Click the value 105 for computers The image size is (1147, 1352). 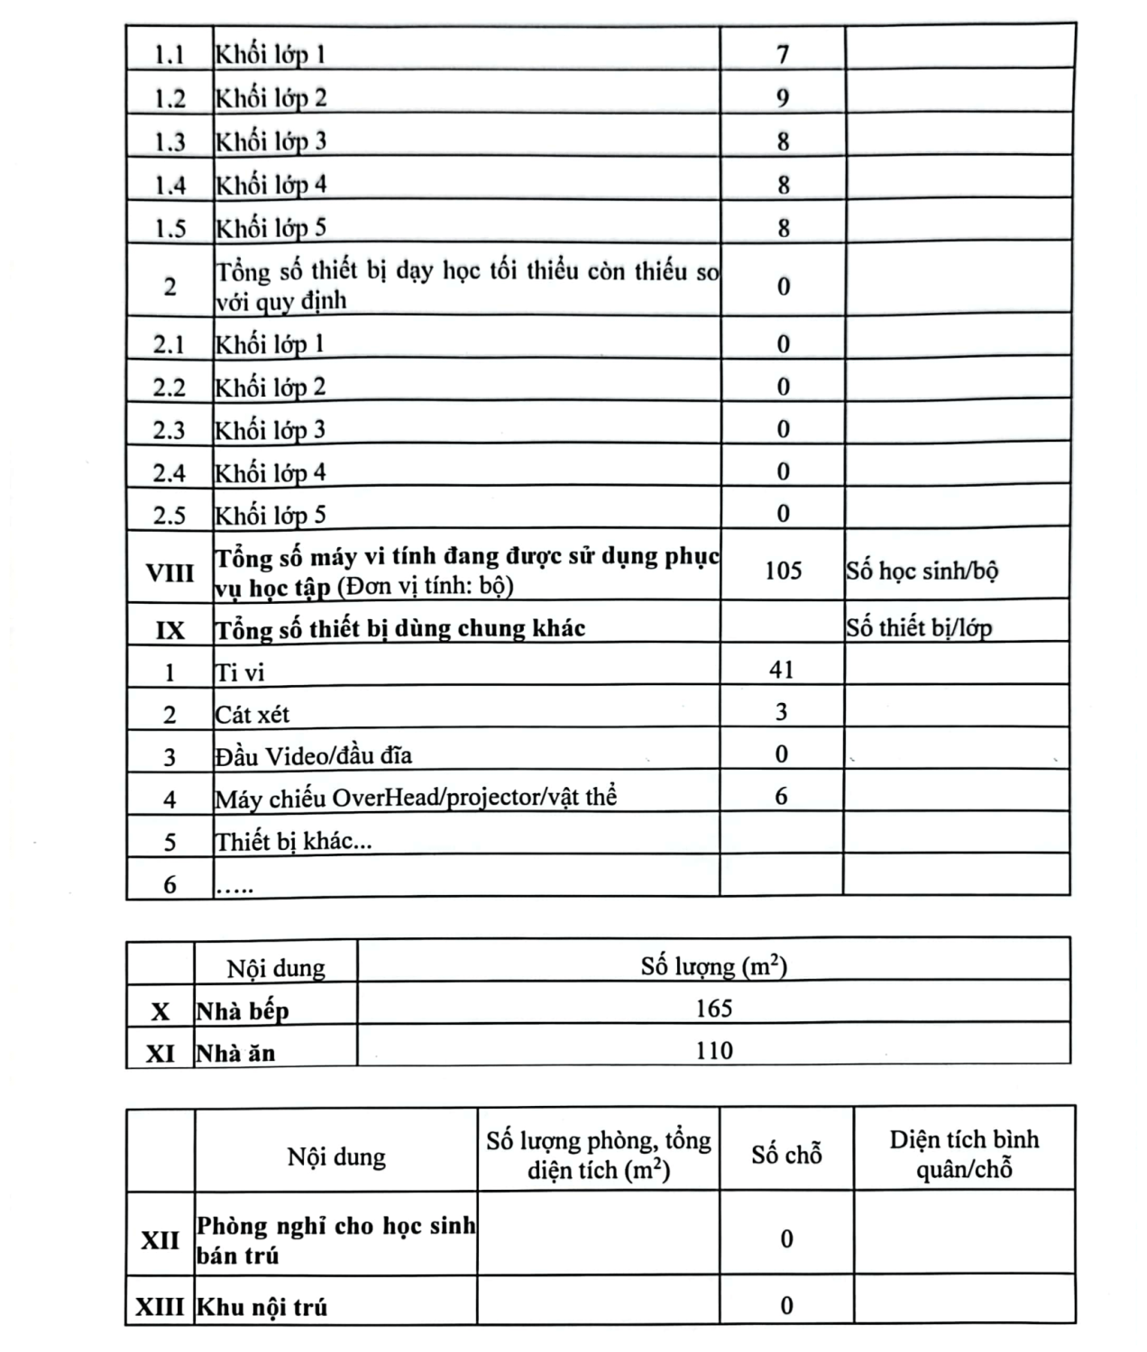click(x=783, y=570)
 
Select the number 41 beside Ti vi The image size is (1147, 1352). click(x=781, y=670)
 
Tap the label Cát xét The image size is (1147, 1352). click(x=252, y=715)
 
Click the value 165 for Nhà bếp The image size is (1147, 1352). click(x=713, y=1008)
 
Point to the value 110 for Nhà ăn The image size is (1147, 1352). click(x=713, y=1050)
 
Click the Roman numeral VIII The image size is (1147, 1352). click(x=170, y=572)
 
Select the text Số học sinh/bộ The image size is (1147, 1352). click(x=922, y=571)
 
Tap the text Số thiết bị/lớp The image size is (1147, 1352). click(x=918, y=627)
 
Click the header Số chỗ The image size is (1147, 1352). click(x=786, y=1154)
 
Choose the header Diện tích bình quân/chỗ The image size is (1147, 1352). click(x=964, y=1154)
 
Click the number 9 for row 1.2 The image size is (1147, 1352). click(x=783, y=97)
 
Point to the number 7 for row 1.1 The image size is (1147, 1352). click(x=783, y=54)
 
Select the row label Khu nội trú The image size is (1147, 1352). click(x=262, y=1306)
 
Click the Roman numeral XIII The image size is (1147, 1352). click(x=160, y=1306)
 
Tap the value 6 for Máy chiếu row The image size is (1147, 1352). click(x=781, y=796)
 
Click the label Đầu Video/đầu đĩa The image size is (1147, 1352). click(x=314, y=755)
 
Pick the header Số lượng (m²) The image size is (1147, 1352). click(x=713, y=966)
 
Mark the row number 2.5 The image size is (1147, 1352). click(x=170, y=516)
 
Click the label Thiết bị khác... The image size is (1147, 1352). click(x=293, y=841)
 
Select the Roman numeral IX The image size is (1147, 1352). click(x=170, y=630)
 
